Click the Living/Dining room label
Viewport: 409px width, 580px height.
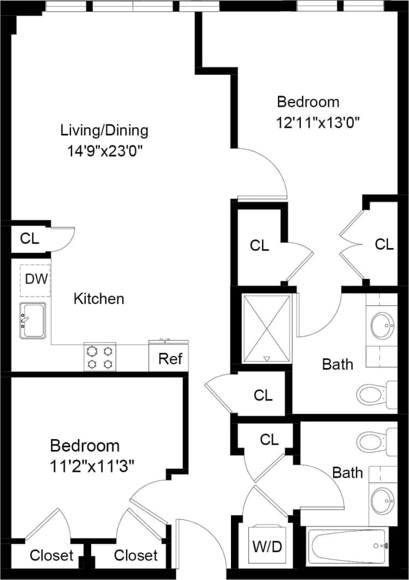104,131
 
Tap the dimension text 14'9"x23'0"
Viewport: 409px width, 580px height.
105,150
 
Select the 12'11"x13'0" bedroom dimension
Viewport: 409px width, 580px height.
319,121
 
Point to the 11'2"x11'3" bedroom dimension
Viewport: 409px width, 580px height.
92,465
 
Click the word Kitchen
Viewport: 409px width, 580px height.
99,299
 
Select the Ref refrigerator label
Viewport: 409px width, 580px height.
170,359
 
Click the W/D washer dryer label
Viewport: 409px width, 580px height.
267,546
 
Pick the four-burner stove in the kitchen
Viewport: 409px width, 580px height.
100,357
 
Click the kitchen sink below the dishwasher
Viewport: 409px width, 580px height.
33,321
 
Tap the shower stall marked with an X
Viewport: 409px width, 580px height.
266,329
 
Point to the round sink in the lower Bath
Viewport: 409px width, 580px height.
383,498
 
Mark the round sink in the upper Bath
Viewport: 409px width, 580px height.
383,325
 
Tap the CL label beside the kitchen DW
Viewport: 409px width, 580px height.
29,239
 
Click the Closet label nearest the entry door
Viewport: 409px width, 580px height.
135,555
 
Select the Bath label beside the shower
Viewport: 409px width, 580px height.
337,364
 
